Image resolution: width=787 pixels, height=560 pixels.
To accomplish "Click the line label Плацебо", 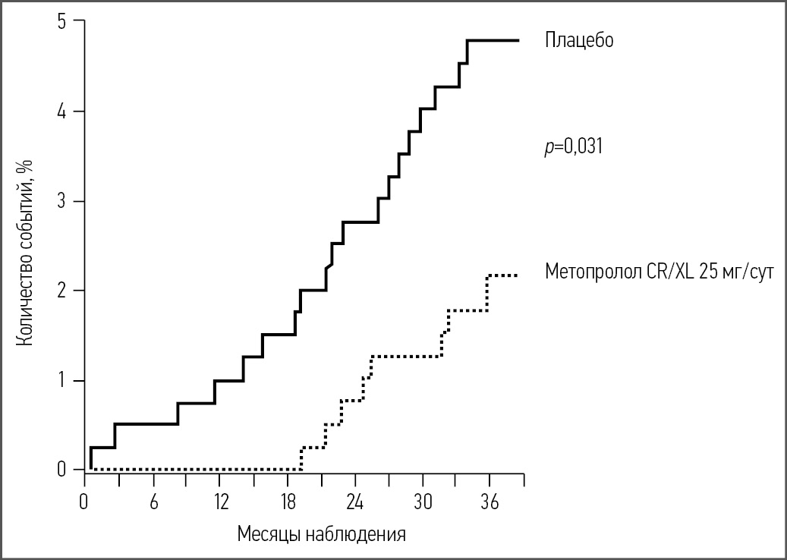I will [x=578, y=40].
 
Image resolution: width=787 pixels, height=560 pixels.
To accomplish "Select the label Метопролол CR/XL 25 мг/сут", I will [x=659, y=271].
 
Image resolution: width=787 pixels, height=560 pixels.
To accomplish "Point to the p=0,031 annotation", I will [x=573, y=147].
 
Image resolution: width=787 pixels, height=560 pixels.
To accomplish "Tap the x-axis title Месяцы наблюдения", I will [x=321, y=533].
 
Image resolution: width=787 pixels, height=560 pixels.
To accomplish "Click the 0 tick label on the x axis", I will [x=85, y=502].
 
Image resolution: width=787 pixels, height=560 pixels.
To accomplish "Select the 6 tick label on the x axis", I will [x=153, y=502].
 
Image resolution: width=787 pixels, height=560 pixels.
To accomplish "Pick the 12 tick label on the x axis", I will [x=221, y=502].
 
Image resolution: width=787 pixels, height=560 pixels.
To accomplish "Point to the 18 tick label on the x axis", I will [x=288, y=502].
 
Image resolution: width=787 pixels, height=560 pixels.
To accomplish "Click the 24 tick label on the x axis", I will [x=355, y=502].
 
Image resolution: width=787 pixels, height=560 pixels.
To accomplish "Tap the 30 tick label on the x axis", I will [x=423, y=502].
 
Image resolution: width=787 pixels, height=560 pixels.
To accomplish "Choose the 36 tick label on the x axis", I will [x=490, y=502].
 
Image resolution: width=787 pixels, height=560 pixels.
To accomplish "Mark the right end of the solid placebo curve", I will [x=518, y=40].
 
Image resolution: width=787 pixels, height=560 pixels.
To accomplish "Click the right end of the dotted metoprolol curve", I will [x=518, y=275].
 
